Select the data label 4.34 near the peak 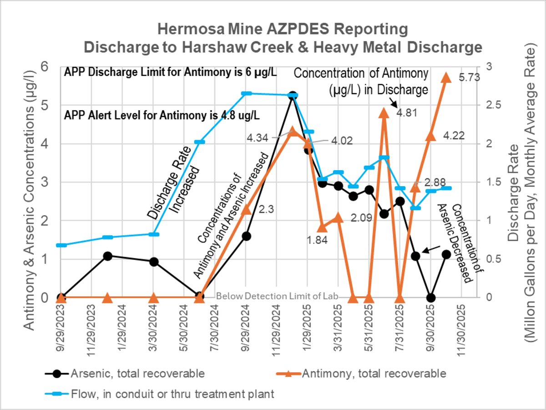pyautogui.click(x=258, y=137)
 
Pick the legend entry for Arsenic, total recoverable pyautogui.click(x=136, y=374)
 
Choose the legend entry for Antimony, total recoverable pyautogui.click(x=373, y=374)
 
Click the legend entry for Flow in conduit pyautogui.click(x=172, y=394)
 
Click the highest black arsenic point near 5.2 pyautogui.click(x=293, y=96)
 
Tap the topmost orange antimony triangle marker pyautogui.click(x=446, y=77)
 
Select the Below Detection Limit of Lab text pyautogui.click(x=278, y=296)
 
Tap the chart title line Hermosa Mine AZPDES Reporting pyautogui.click(x=282, y=30)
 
